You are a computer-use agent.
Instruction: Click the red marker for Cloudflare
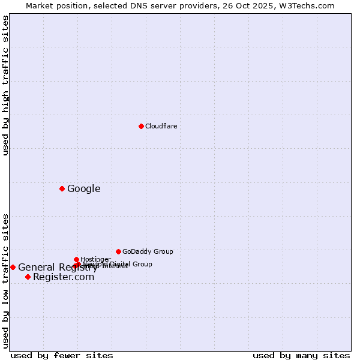(x=141, y=126)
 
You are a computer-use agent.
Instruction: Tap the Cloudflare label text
(x=161, y=126)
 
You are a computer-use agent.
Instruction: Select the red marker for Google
(x=62, y=188)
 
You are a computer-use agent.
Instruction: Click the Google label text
(x=83, y=189)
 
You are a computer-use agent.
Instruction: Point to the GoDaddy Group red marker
(x=118, y=251)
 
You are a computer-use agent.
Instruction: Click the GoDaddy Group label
(x=148, y=251)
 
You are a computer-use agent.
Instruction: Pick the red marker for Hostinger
(x=76, y=259)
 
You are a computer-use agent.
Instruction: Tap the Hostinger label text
(x=95, y=260)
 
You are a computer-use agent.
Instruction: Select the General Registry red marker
(x=13, y=267)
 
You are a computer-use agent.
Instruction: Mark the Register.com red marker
(x=28, y=277)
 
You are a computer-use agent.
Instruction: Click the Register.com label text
(x=64, y=277)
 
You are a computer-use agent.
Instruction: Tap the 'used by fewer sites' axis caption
(x=62, y=355)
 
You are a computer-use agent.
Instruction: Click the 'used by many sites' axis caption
(x=301, y=355)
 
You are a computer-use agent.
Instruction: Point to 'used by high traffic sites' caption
(x=5, y=85)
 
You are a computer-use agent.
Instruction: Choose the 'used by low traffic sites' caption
(x=5, y=281)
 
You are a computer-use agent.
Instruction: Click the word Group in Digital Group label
(x=142, y=264)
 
